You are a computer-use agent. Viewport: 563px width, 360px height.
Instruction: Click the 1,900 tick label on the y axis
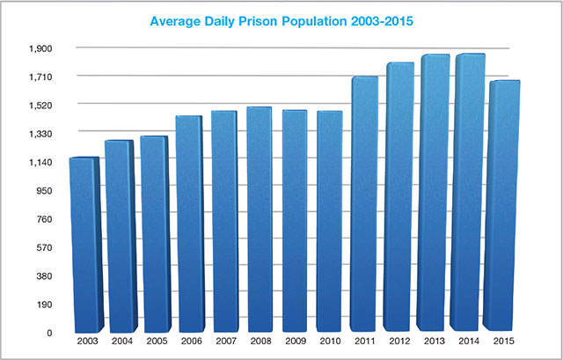point(40,48)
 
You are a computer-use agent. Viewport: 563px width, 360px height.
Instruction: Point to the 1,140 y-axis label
point(40,162)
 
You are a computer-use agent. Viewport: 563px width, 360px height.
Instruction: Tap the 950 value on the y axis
point(44,191)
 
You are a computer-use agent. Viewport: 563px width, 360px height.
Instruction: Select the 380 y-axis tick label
point(44,276)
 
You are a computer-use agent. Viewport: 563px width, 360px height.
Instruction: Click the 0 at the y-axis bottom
point(50,334)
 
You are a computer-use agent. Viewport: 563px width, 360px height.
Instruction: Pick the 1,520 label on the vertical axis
point(40,106)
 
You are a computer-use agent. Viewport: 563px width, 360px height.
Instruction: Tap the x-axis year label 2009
point(294,342)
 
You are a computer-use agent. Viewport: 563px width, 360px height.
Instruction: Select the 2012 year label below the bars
point(398,342)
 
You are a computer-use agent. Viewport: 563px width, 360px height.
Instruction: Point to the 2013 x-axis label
point(434,342)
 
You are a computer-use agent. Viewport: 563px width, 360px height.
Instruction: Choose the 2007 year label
point(224,342)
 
